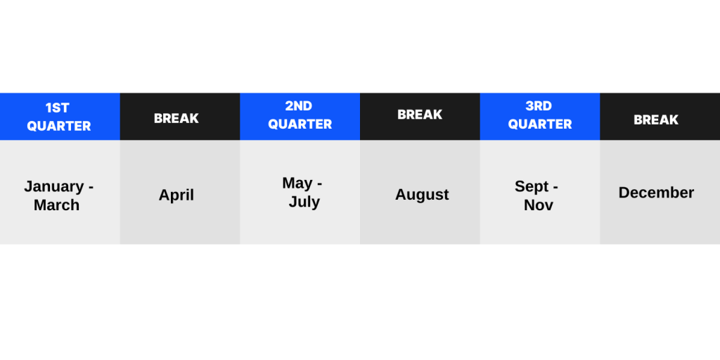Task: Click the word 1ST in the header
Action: click(58, 108)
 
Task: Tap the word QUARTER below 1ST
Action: click(59, 127)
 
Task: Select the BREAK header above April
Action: click(176, 118)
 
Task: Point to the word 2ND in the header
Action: click(298, 106)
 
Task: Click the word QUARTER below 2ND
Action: click(300, 124)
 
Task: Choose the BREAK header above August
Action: click(420, 115)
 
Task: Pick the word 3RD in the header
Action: click(539, 106)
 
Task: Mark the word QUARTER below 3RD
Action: click(540, 124)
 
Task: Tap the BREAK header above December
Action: click(656, 120)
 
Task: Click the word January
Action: click(53, 187)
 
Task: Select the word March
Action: click(56, 205)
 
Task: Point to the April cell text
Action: click(176, 195)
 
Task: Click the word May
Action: click(297, 184)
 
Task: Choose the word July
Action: click(304, 202)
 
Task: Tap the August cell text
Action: click(422, 195)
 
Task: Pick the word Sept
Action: click(532, 186)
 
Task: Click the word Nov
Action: click(539, 205)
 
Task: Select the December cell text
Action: click(656, 193)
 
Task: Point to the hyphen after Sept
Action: click(555, 188)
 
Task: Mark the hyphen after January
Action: click(91, 188)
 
